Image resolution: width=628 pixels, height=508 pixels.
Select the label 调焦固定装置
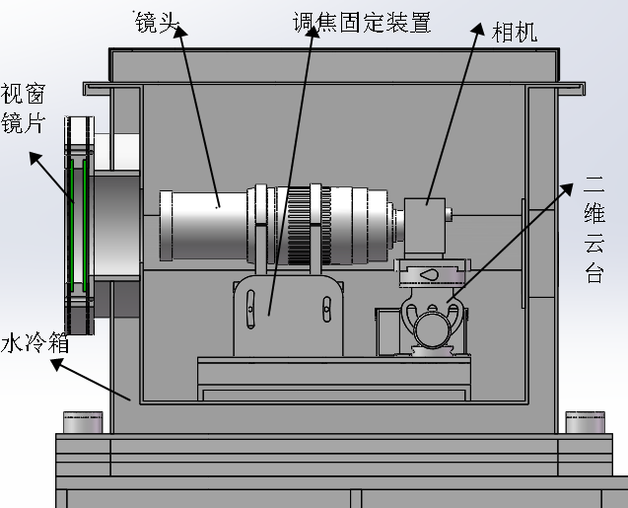[x=362, y=22]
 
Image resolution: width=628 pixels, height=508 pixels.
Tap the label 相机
[x=514, y=33]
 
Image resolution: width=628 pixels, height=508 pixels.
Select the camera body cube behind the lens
[x=426, y=227]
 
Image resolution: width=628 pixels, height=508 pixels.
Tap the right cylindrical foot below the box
[x=585, y=422]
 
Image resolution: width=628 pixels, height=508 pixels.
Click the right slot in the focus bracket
[x=323, y=307]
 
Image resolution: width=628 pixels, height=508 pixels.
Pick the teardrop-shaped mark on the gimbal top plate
[x=431, y=273]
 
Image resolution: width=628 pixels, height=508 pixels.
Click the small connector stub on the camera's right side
[x=450, y=212]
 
